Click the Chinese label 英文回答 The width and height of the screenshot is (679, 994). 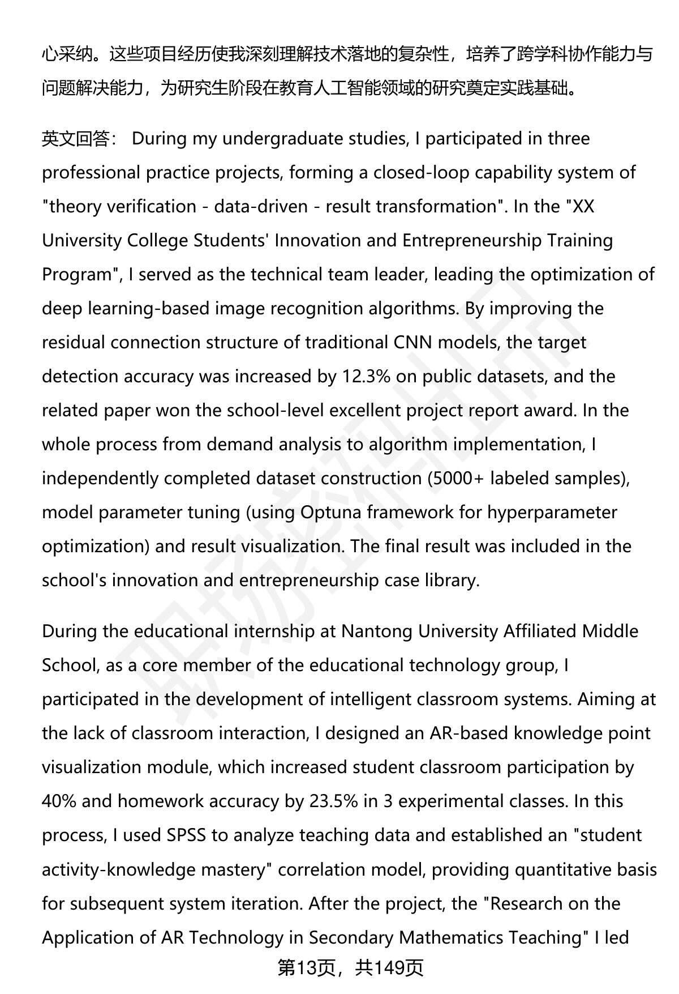[76, 139]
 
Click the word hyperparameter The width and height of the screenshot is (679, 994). [552, 513]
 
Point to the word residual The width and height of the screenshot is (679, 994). [74, 343]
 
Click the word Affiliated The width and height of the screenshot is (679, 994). [539, 632]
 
